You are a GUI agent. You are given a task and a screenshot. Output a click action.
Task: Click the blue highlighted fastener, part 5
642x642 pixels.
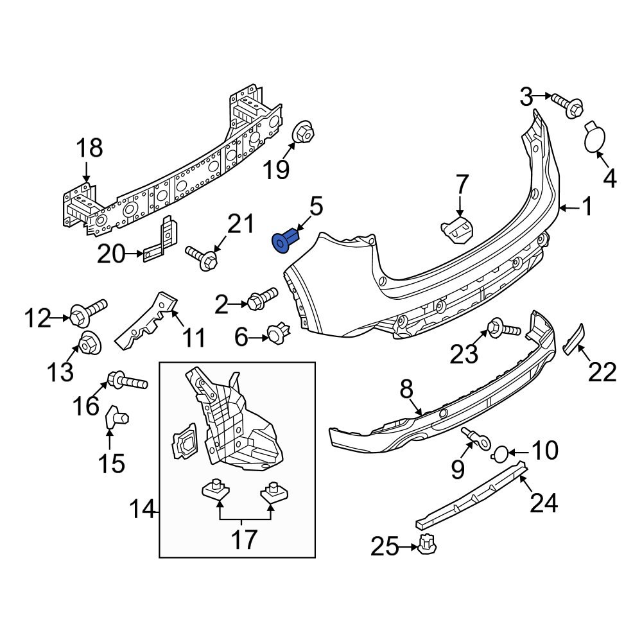[284, 241]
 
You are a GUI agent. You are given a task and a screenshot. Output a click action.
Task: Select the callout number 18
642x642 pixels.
[89, 148]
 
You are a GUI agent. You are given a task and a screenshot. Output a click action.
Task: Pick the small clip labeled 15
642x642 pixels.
[114, 417]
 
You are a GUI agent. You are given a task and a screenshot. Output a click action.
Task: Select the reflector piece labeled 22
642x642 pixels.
[573, 339]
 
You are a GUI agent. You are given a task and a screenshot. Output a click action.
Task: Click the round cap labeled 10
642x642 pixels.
[499, 455]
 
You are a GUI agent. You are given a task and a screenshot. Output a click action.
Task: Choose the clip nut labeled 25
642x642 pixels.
[426, 545]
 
